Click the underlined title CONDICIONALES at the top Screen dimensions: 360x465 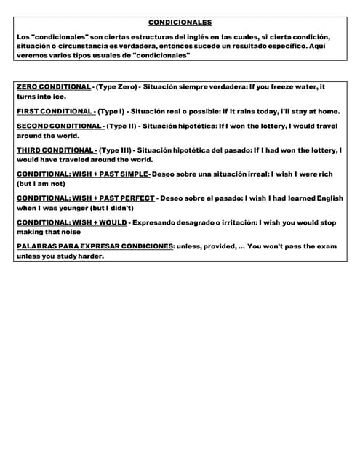pos(180,23)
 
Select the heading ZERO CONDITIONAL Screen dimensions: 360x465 pos(53,87)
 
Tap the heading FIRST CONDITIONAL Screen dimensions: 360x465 pos(55,111)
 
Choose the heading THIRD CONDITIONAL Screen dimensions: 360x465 pos(55,150)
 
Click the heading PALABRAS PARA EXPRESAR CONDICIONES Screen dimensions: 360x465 pos(95,246)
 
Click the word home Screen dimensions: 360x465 pos(327,111)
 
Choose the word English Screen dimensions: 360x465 pos(327,198)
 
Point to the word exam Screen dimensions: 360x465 pos(324,246)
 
